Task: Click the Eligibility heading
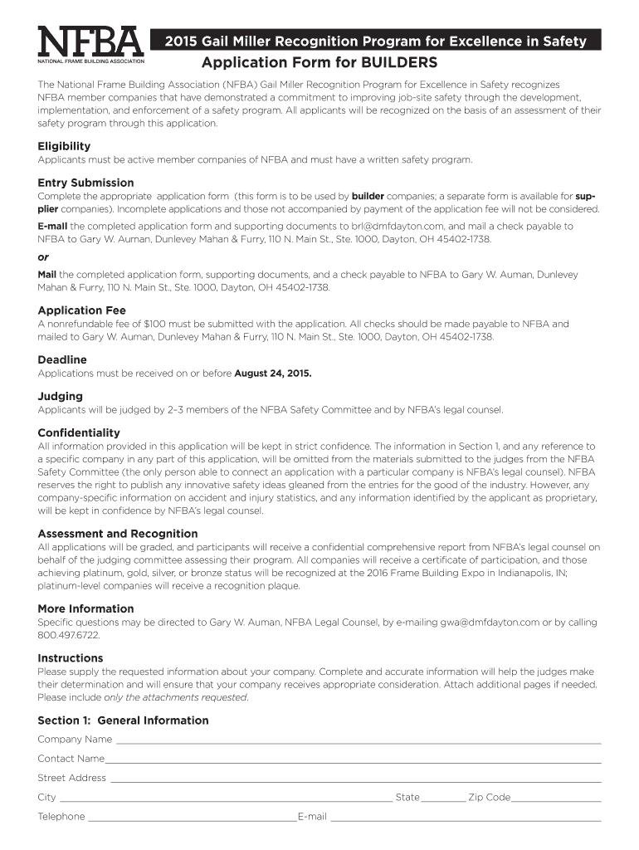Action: click(x=64, y=146)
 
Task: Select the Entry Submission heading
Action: click(x=85, y=183)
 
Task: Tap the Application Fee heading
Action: click(x=80, y=310)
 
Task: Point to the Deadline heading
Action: click(x=62, y=359)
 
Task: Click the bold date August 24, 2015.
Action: click(x=273, y=374)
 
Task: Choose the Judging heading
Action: click(x=60, y=396)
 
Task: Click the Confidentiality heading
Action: click(x=79, y=432)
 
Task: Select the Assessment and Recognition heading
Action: click(x=118, y=534)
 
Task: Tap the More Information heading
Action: click(x=85, y=608)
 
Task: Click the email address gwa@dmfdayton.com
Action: click(x=490, y=622)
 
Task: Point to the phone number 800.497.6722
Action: click(x=69, y=635)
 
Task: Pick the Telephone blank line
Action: click(x=192, y=818)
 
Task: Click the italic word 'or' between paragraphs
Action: click(x=43, y=256)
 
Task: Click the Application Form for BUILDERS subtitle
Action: click(x=319, y=63)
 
